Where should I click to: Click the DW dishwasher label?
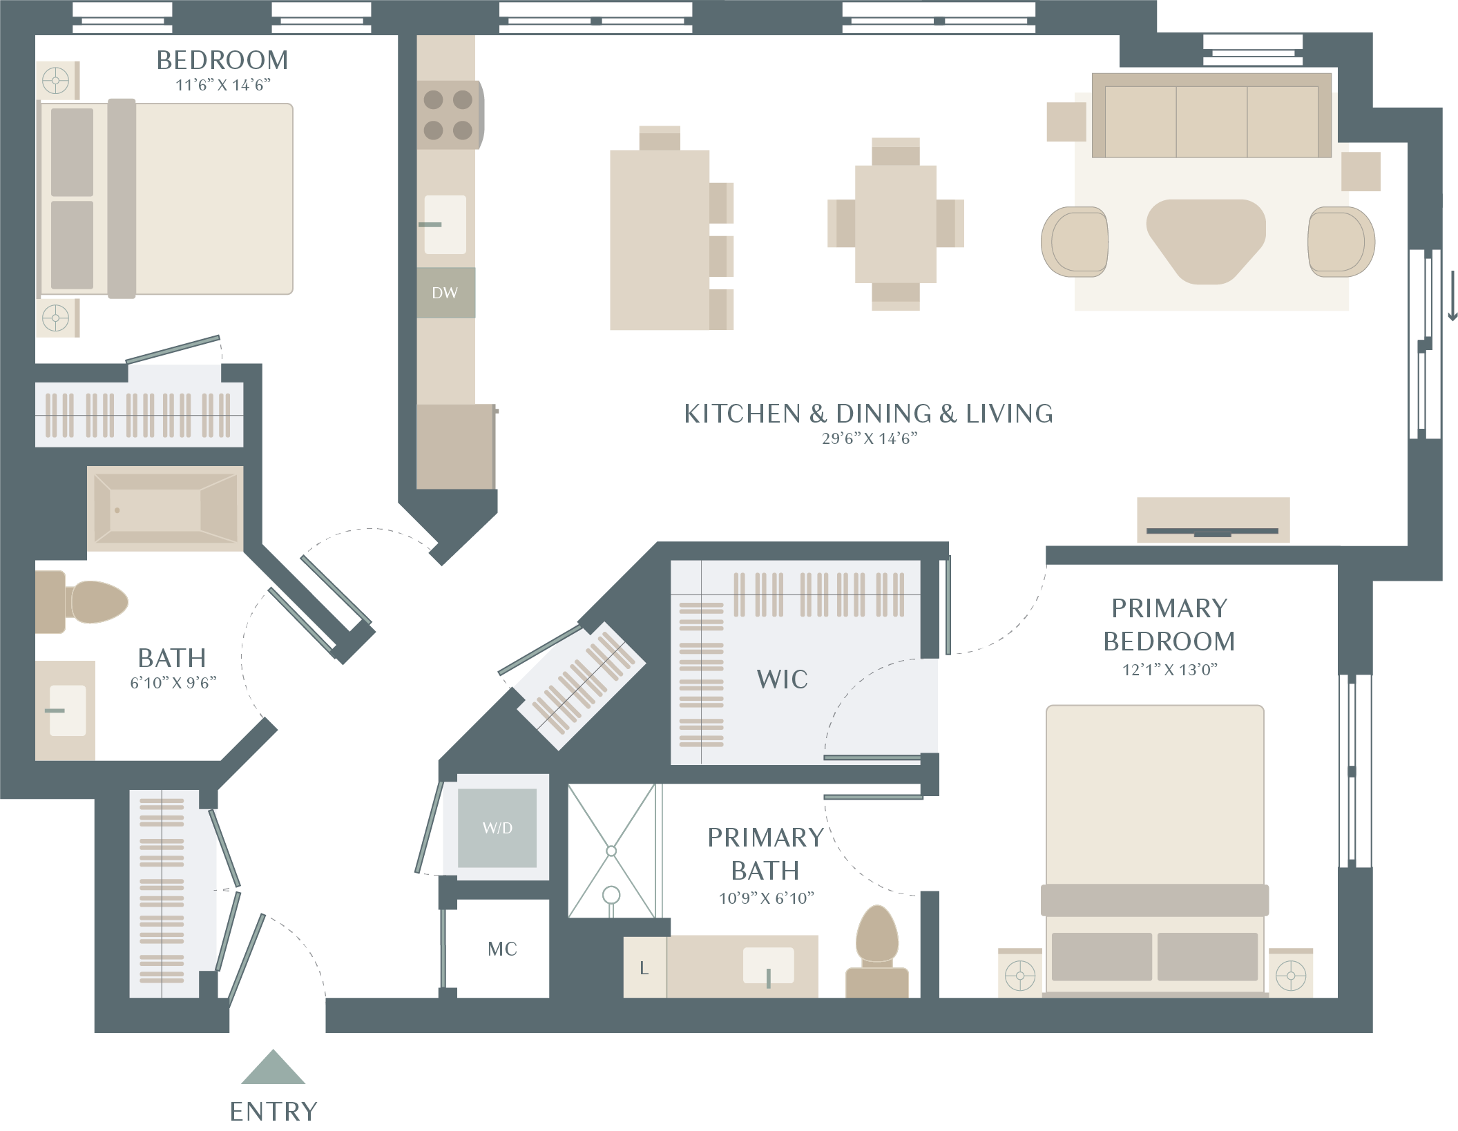(445, 293)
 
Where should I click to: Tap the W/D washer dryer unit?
(497, 827)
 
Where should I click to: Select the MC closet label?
(502, 949)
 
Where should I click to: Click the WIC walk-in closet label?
(782, 679)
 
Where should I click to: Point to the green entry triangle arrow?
(273, 1067)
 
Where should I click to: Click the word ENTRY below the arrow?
(274, 1112)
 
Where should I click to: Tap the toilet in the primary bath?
(877, 951)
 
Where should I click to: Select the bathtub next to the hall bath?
(165, 509)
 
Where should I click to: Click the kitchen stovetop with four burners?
(449, 115)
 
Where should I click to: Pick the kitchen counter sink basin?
(445, 224)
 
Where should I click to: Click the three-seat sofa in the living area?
(1211, 115)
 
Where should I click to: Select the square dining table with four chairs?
(896, 224)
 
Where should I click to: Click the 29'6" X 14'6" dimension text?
(870, 438)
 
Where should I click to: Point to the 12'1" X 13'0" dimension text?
(1169, 669)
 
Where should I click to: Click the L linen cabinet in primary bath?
(644, 967)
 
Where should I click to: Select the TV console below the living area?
(1213, 520)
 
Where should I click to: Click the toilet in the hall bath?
(83, 601)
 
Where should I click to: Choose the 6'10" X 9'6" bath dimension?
(173, 683)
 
